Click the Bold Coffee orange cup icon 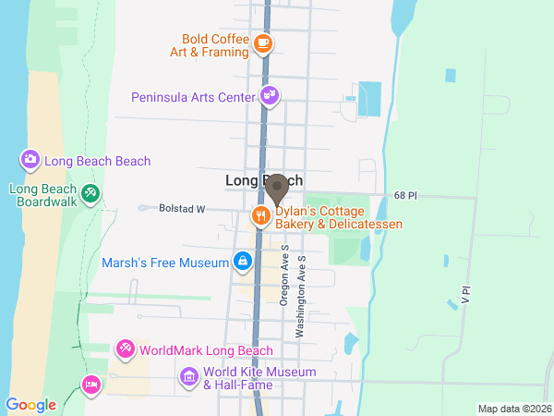263,43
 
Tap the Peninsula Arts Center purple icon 270,95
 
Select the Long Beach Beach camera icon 30,161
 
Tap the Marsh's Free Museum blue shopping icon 242,262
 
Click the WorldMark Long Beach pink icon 124,349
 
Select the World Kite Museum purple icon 189,377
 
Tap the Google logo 30,405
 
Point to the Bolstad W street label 180,209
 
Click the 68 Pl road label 405,196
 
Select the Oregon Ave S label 284,277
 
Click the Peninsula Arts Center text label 193,96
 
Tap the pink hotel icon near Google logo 90,383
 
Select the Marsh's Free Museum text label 165,263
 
